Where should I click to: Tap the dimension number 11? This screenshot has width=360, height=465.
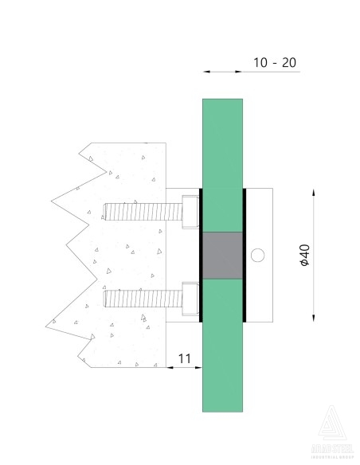point(183,358)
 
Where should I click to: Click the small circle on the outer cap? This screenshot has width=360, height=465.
point(256,255)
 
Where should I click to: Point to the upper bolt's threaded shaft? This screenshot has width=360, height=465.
point(142,211)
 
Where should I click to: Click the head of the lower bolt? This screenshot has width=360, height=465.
point(190,299)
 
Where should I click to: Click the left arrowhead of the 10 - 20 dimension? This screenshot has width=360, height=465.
point(206,72)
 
